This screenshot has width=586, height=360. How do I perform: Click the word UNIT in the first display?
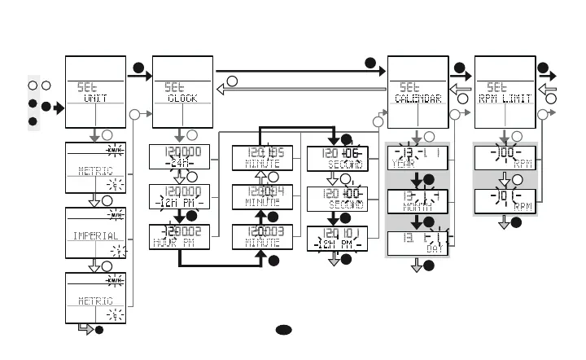point(95,98)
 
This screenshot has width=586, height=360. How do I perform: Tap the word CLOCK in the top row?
point(183,98)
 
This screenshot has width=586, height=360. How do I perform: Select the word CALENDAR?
point(418,98)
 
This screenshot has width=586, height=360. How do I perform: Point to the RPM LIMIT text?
point(505,98)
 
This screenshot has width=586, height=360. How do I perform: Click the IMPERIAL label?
point(95,235)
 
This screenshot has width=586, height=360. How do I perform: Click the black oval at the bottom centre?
point(282,330)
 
